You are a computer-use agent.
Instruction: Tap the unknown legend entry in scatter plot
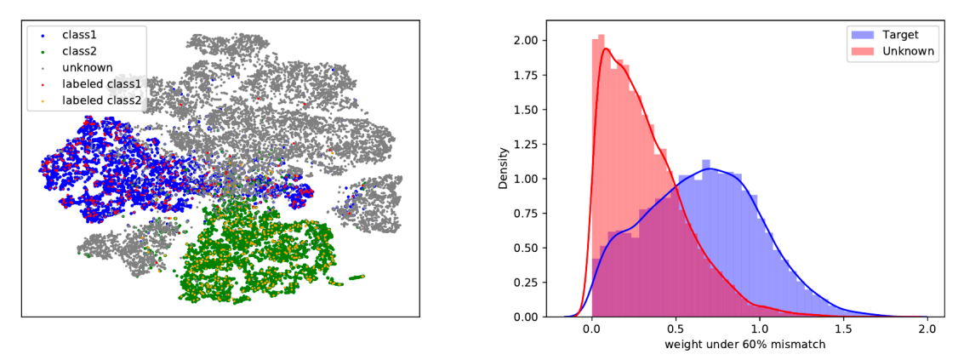(86, 68)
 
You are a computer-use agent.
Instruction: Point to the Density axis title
(505, 169)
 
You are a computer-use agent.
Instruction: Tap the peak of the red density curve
(605, 49)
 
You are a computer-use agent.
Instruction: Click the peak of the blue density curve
(709, 169)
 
